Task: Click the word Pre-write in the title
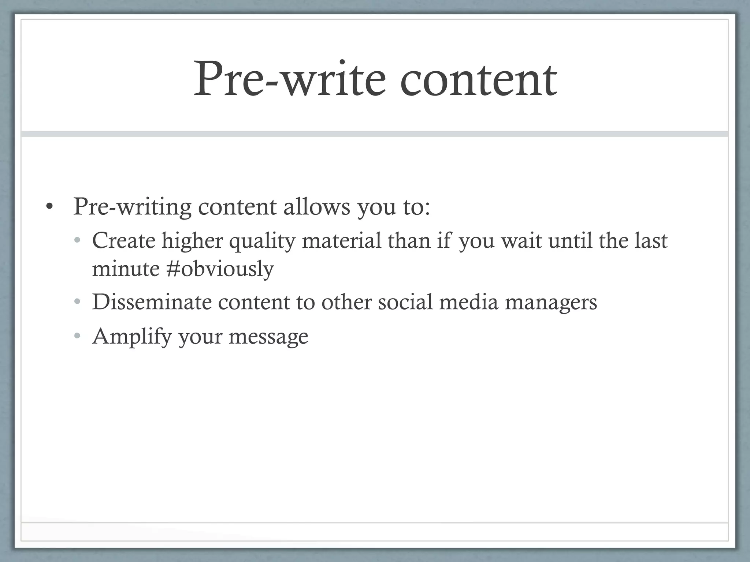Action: coord(289,79)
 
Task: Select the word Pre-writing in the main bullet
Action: coord(132,207)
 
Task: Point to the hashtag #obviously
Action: coord(220,269)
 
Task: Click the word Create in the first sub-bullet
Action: coord(124,241)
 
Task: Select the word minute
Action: coord(126,269)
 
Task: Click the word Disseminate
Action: coord(152,302)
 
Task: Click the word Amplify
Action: coord(132,337)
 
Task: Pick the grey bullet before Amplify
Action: coord(77,336)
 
